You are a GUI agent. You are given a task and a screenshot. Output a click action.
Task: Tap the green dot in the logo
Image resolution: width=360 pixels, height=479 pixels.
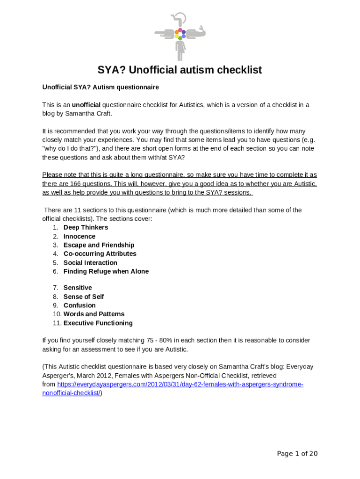pos(180,38)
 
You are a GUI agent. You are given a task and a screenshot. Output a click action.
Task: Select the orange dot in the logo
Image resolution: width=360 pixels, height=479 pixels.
pos(177,32)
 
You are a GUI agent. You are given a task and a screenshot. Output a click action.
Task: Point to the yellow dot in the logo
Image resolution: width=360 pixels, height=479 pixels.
pos(177,36)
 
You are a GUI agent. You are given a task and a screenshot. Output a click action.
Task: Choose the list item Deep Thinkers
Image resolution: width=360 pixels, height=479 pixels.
pos(86,227)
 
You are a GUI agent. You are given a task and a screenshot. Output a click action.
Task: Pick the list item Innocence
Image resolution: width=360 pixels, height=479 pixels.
pos(79,236)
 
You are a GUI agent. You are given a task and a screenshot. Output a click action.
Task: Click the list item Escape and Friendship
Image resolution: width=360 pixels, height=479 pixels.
pos(99,245)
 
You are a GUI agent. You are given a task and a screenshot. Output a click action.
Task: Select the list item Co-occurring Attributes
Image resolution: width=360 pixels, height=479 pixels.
pos(100,254)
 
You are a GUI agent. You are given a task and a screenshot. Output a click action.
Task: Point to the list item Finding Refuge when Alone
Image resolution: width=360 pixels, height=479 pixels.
pos(106,271)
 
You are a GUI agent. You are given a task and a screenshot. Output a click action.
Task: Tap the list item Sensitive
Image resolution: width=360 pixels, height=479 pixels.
pos(78,288)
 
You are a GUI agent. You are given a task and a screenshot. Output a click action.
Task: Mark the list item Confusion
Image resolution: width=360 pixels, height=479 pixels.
pos(79,305)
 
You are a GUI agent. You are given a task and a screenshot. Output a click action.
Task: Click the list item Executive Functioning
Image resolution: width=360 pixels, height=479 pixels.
pos(98,323)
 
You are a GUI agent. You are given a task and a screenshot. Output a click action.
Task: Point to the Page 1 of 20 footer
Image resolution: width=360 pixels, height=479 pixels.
pos(297,454)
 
